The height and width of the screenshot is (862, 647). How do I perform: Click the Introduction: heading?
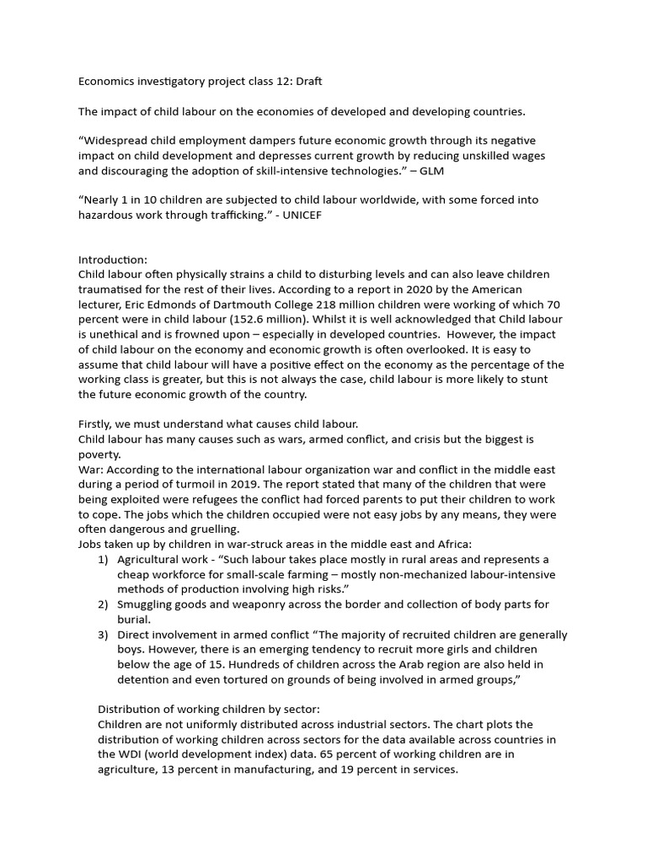[113, 260]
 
